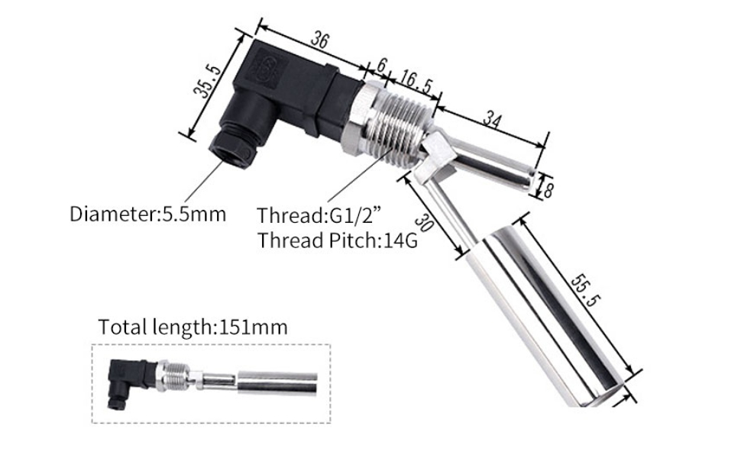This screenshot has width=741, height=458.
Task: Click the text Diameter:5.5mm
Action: coord(147,214)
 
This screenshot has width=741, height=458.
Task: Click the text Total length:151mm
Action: coord(193,327)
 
